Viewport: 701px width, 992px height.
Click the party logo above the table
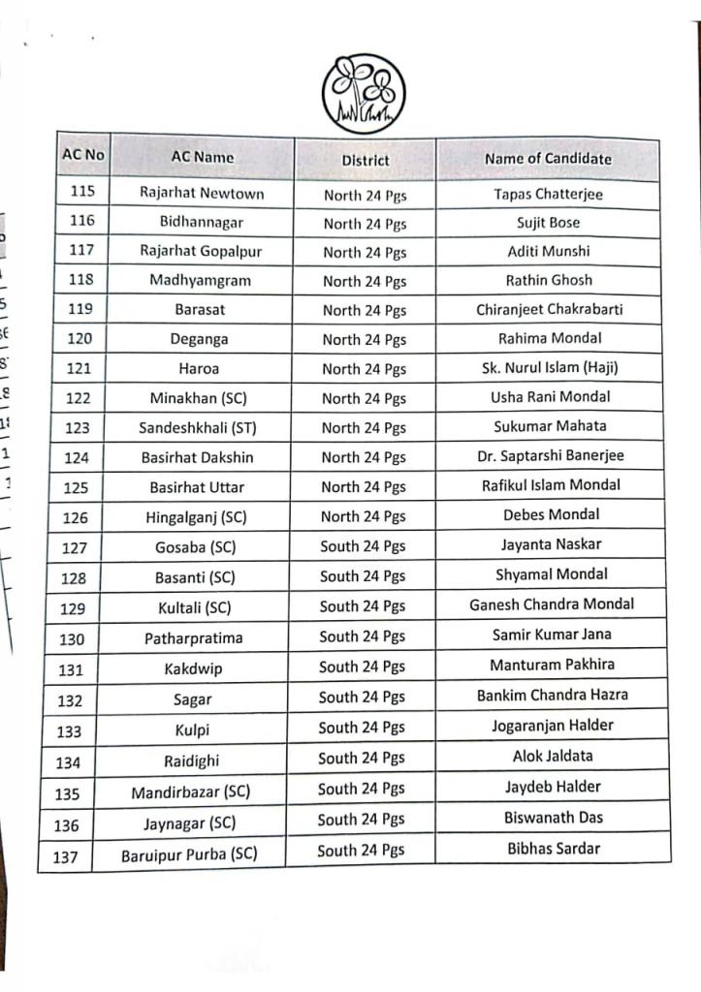pyautogui.click(x=364, y=94)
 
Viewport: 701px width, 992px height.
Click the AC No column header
pyautogui.click(x=82, y=155)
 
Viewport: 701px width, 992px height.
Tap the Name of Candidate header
pyautogui.click(x=548, y=158)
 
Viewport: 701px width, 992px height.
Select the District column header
pyautogui.click(x=366, y=160)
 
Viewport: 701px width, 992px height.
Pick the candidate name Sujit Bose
pyautogui.click(x=548, y=223)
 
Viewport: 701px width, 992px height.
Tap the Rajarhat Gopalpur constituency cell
pyautogui.click(x=201, y=251)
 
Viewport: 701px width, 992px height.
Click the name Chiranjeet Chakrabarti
pyautogui.click(x=549, y=310)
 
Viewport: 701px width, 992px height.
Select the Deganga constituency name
pyautogui.click(x=200, y=339)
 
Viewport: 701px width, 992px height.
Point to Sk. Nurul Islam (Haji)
pyautogui.click(x=549, y=367)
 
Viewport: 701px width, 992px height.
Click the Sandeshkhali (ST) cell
pyautogui.click(x=198, y=427)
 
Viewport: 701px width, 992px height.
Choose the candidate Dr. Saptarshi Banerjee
pyautogui.click(x=550, y=455)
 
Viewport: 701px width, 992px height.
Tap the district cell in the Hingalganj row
pyautogui.click(x=365, y=516)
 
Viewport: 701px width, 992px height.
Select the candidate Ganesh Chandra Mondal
pyautogui.click(x=552, y=604)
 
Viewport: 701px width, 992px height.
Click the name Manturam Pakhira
pyautogui.click(x=552, y=665)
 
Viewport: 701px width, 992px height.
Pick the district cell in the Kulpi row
pyautogui.click(x=363, y=728)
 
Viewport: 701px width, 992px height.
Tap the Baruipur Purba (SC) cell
pyautogui.click(x=189, y=856)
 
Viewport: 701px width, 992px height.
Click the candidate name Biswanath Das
pyautogui.click(x=553, y=818)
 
